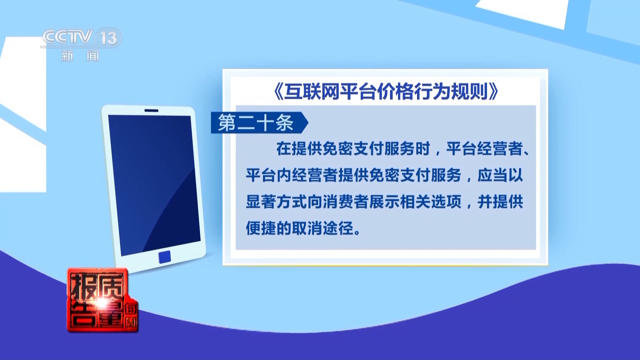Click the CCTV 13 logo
coord(81,37)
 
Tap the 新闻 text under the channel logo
coord(80,56)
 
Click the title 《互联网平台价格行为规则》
coord(386,91)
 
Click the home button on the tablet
coord(165,257)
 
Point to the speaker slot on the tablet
coord(151,110)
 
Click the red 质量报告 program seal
coord(102,300)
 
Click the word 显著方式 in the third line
coord(276,202)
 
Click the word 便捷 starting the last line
coord(261,229)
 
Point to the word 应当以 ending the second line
coord(500,175)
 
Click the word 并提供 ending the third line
coord(500,202)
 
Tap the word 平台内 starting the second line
coord(269,175)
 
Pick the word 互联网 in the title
coord(312,91)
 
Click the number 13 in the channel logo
coord(109,38)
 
